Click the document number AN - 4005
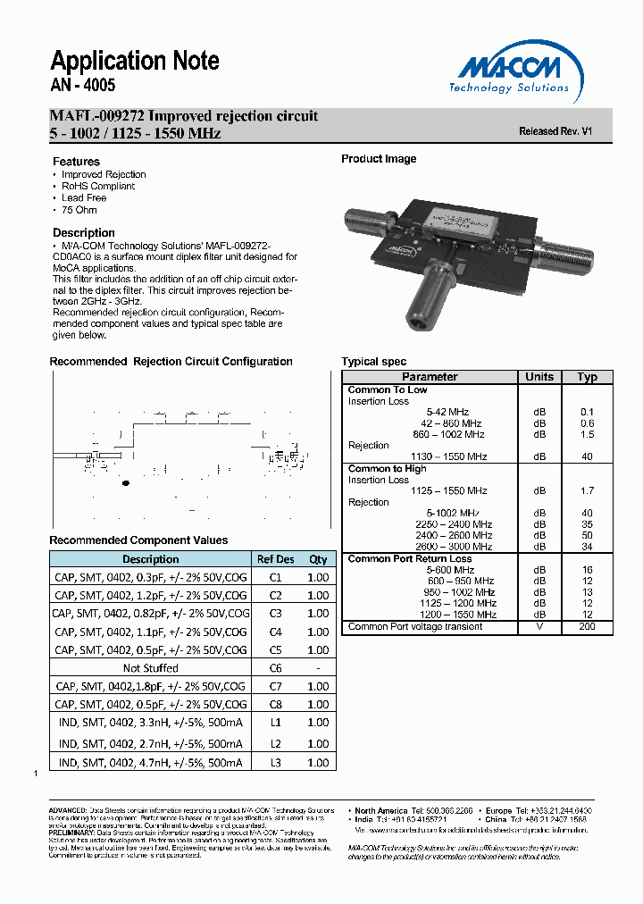83,87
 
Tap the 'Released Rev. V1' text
555,131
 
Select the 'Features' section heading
77,162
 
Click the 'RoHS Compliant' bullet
98,186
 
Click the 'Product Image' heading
379,159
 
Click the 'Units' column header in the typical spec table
539,377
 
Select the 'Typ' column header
587,377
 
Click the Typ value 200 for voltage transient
587,627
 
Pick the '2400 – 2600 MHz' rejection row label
454,535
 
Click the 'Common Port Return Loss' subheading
409,559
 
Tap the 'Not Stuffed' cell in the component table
150,668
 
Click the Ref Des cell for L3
275,762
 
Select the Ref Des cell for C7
275,686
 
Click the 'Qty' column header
318,559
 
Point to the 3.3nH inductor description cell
150,722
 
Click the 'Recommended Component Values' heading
138,540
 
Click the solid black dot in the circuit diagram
125,483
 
